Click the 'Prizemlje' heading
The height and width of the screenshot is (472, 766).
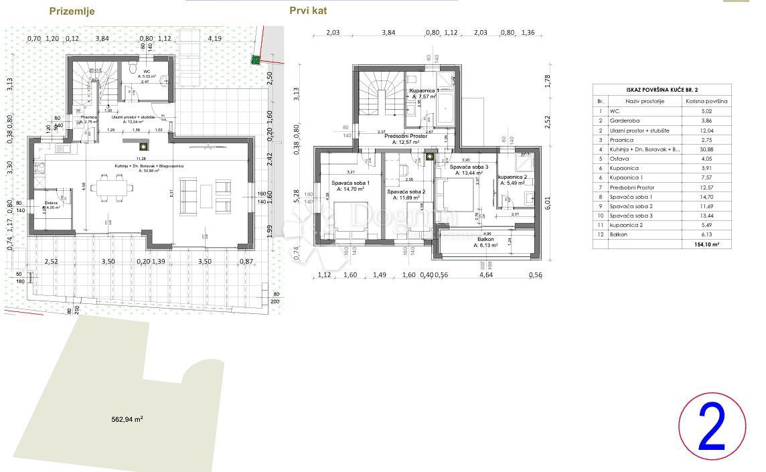72,11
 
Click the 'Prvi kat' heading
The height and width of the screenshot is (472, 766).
308,11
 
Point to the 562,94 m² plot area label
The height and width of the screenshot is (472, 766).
127,420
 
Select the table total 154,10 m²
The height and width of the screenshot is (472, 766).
706,246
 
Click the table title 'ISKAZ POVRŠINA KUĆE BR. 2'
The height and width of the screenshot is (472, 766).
662,89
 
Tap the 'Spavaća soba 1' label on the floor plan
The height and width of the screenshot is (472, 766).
350,183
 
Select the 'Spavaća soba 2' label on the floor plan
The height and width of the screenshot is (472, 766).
406,191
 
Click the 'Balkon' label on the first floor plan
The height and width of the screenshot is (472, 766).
485,239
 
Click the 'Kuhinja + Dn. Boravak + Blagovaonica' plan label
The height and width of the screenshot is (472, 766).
149,165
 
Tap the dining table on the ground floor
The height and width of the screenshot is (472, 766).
111,187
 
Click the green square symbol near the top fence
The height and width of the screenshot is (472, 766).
255,60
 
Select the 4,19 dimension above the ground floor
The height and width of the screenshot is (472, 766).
214,39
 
